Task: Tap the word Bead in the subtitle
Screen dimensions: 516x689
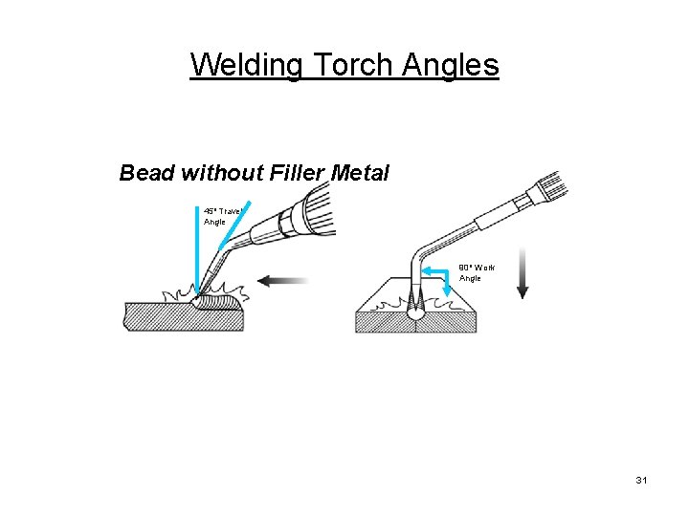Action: tap(146, 173)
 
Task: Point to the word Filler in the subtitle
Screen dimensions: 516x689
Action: tap(296, 173)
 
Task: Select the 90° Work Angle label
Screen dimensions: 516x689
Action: tap(475, 273)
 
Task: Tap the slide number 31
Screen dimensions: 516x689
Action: tap(641, 480)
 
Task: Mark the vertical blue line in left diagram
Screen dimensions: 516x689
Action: tap(198, 248)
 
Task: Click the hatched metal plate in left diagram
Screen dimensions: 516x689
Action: tap(182, 316)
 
